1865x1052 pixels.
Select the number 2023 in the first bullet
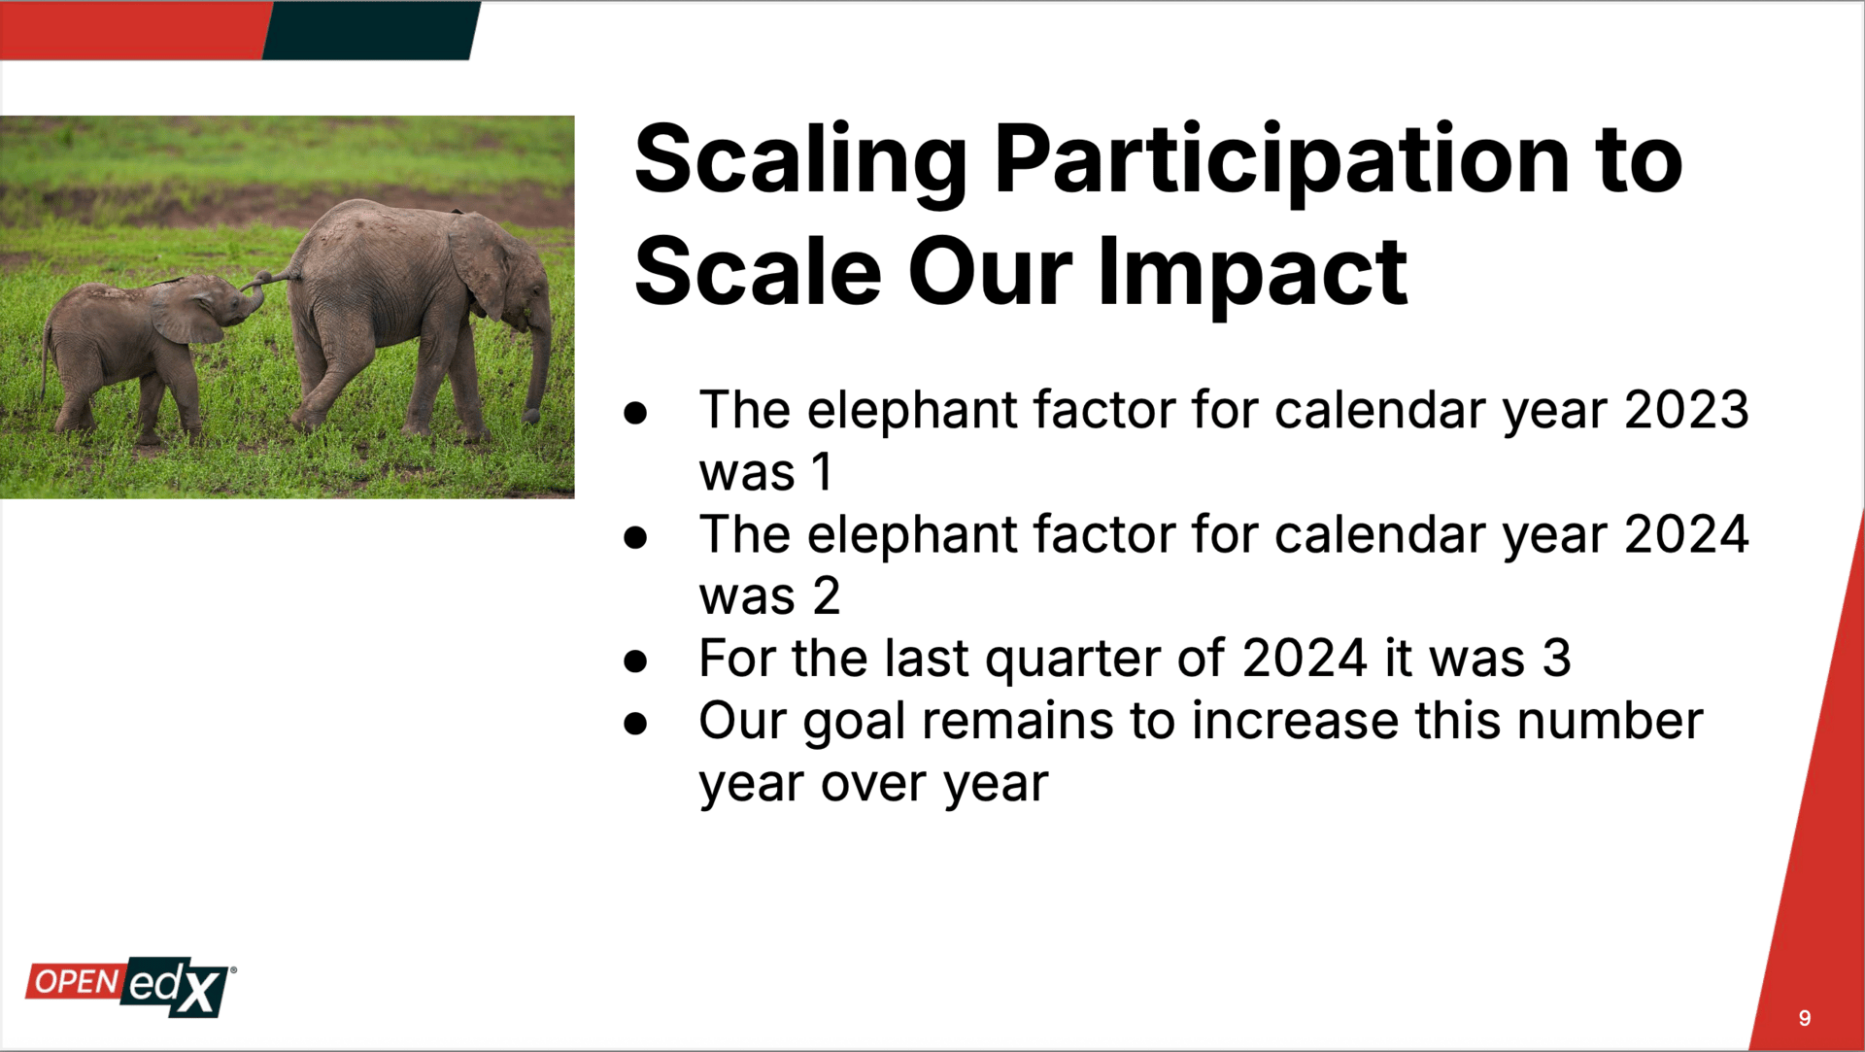pyautogui.click(x=1686, y=410)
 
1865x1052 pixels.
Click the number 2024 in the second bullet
pyautogui.click(x=1686, y=534)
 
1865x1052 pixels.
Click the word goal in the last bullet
pyautogui.click(x=854, y=724)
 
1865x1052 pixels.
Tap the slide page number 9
pyautogui.click(x=1804, y=1018)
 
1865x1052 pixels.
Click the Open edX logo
pyautogui.click(x=130, y=988)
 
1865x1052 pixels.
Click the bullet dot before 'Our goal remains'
pyautogui.click(x=635, y=723)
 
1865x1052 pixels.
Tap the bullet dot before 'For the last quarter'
pyautogui.click(x=635, y=661)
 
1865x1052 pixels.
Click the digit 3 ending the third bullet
pyautogui.click(x=1556, y=659)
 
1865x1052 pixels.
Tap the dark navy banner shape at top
pyautogui.click(x=371, y=30)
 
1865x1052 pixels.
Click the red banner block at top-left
pyautogui.click(x=134, y=30)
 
